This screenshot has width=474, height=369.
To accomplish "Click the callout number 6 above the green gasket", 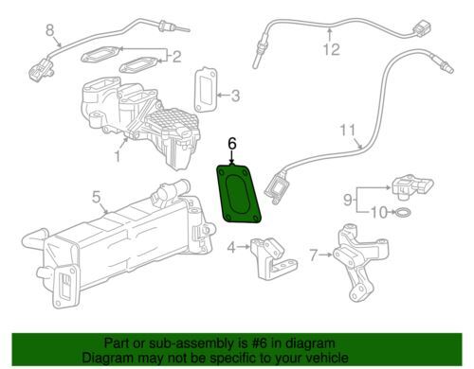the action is [x=232, y=144].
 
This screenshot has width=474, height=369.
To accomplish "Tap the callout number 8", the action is [x=50, y=30].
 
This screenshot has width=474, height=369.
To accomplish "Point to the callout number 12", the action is [x=331, y=49].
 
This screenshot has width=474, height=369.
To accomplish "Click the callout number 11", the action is [x=348, y=131].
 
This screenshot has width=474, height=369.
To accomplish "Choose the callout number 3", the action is [x=235, y=96].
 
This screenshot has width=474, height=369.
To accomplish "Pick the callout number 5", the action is [x=97, y=198].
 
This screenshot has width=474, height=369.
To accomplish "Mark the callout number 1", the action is [x=118, y=156].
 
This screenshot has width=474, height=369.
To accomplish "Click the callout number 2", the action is [x=176, y=57].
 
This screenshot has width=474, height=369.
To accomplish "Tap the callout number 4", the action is [x=231, y=248].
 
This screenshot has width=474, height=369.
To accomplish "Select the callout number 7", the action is [x=313, y=255].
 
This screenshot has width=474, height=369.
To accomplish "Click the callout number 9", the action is [x=348, y=200].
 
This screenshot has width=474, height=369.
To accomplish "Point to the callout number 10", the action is [x=379, y=213].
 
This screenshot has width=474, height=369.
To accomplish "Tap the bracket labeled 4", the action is [x=274, y=258].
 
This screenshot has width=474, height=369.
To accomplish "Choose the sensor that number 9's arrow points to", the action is [x=411, y=186].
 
